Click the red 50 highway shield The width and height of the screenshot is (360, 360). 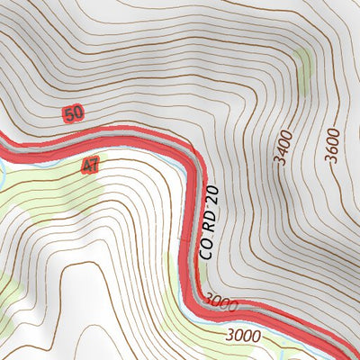click(x=74, y=113)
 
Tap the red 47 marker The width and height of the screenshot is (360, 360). click(x=90, y=166)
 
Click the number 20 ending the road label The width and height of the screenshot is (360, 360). click(x=212, y=200)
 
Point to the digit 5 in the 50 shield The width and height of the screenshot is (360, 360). click(x=69, y=113)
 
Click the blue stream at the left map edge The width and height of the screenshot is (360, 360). click(x=3, y=167)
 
